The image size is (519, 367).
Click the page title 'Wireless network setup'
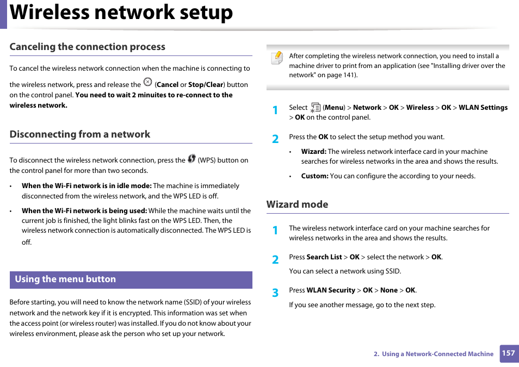[x=121, y=13]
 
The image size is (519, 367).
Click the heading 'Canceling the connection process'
[x=87, y=47]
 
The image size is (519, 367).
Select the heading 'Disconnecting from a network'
[x=79, y=134]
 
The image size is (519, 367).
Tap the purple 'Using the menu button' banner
[x=131, y=279]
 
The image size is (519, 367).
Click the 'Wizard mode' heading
[x=297, y=204]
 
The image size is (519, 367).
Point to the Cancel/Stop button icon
[x=147, y=82]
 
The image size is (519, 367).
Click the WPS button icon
[x=191, y=159]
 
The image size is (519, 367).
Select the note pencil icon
[x=277, y=58]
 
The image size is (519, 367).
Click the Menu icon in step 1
[x=316, y=108]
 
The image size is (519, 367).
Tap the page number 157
[x=508, y=353]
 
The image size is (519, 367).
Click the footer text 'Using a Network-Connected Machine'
[x=437, y=354]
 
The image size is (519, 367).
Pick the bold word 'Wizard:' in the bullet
[x=314, y=152]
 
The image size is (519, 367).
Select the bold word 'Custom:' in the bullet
[x=314, y=176]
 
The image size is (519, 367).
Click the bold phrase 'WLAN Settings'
[x=483, y=108]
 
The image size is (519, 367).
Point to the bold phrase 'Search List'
[x=324, y=257]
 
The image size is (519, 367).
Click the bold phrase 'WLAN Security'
[x=331, y=290]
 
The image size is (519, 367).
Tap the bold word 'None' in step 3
[x=389, y=290]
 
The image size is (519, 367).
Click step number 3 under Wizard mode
[x=275, y=293]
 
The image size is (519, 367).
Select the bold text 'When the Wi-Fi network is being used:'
[x=84, y=211]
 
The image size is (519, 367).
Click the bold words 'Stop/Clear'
[x=206, y=85]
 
